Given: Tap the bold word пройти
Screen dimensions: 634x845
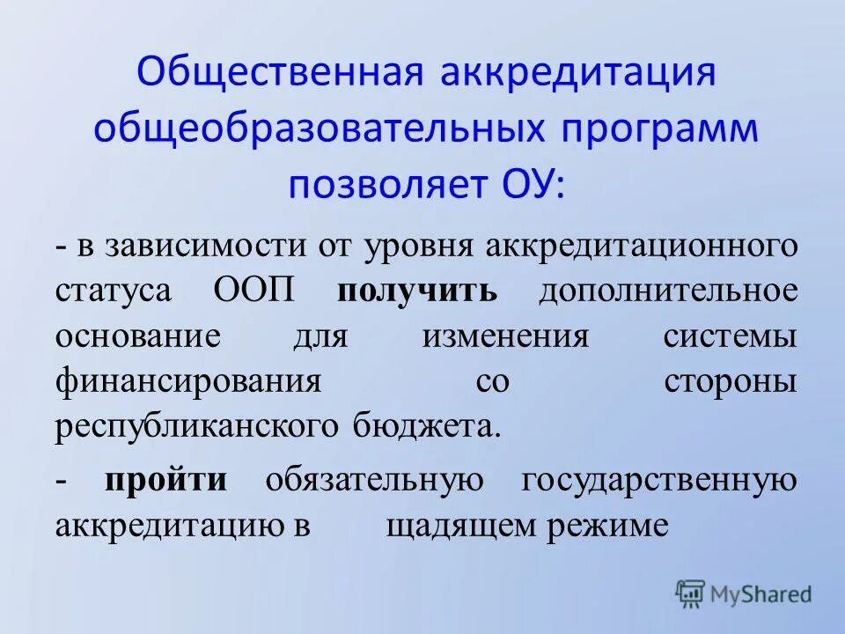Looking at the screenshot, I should [x=166, y=479].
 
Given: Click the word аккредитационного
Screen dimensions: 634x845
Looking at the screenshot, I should [x=643, y=244].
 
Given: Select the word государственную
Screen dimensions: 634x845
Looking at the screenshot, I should [x=659, y=479].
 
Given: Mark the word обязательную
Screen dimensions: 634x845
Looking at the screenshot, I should [x=374, y=479].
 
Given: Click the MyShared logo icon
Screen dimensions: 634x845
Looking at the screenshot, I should [x=690, y=594].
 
